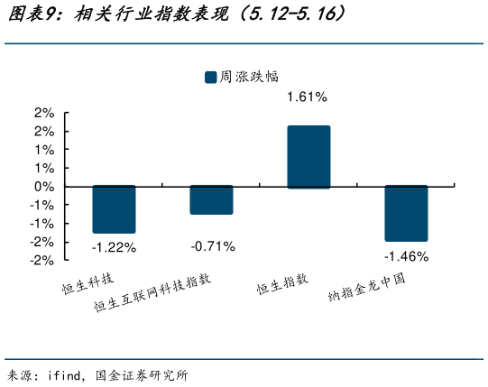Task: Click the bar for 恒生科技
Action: (x=114, y=209)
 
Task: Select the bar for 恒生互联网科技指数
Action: (x=211, y=199)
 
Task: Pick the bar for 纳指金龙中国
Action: (x=405, y=213)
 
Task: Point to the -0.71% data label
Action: (x=212, y=245)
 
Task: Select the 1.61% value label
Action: (x=307, y=97)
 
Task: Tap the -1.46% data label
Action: (x=406, y=256)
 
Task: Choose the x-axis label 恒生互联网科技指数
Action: (x=154, y=293)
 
